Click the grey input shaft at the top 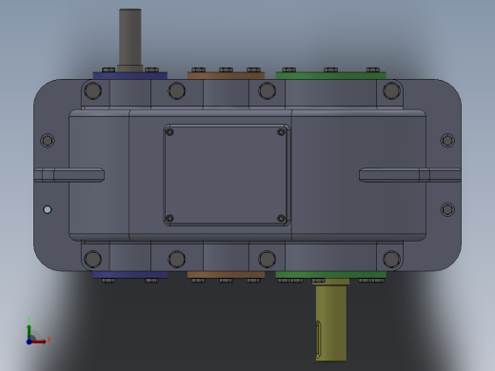[x=129, y=38]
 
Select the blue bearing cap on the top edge [x=129, y=75]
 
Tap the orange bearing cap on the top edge [x=226, y=75]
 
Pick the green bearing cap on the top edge [x=330, y=75]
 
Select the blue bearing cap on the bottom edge [x=129, y=275]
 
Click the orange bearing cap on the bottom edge [x=226, y=275]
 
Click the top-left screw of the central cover [x=170, y=132]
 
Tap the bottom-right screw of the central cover [x=281, y=218]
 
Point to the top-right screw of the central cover [x=281, y=132]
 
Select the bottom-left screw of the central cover [x=170, y=218]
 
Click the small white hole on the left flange [x=48, y=209]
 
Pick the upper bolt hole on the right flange [x=447, y=141]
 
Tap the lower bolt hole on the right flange [x=447, y=209]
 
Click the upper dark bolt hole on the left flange [x=48, y=141]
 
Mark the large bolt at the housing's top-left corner [x=92, y=91]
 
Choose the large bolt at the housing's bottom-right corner [x=391, y=259]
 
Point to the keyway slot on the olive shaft [x=318, y=339]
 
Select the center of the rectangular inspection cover [x=226, y=175]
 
